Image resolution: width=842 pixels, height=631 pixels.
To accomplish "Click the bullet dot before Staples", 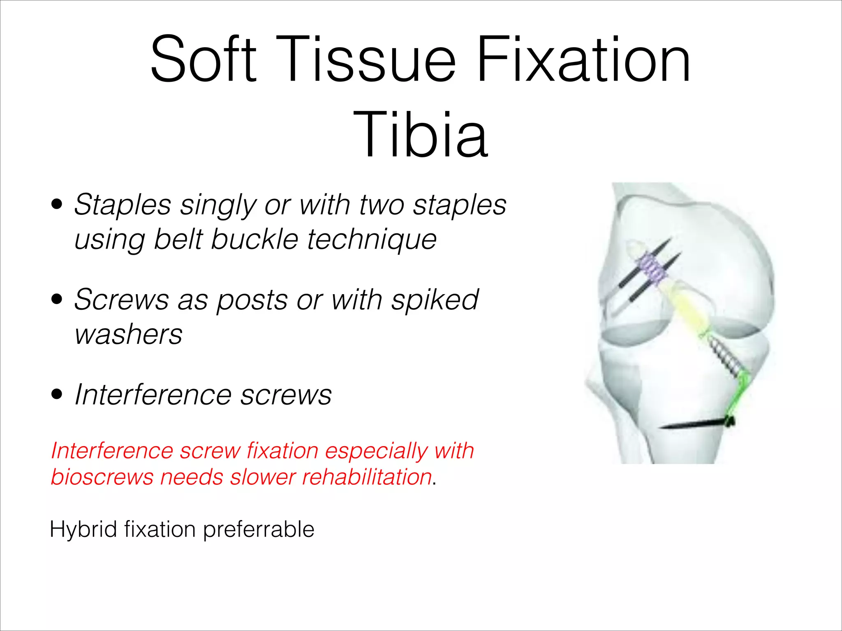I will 57,204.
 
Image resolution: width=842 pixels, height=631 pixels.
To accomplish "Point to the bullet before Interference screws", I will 57,394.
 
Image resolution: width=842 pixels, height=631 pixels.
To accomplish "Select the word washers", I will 128,334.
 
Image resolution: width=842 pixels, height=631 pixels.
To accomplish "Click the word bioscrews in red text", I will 102,477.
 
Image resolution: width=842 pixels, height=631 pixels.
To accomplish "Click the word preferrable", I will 259,529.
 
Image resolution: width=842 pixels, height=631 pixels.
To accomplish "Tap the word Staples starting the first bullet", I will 122,205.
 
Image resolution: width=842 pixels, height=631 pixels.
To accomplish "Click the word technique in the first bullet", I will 372,240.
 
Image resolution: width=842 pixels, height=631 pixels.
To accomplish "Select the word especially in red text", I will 376,451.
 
